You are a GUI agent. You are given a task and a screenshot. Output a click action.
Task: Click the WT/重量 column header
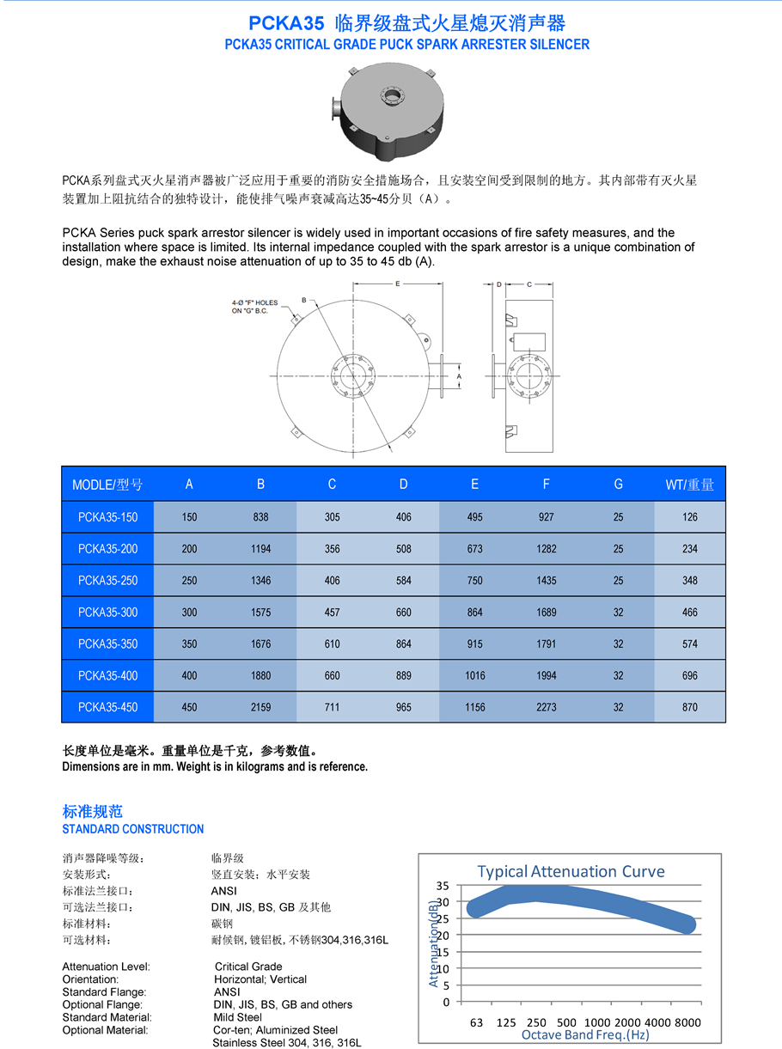point(689,485)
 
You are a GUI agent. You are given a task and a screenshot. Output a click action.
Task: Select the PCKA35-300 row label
point(107,613)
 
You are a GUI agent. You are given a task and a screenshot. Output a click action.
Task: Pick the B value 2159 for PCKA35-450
point(260,708)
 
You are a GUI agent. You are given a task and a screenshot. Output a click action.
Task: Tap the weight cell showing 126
point(689,517)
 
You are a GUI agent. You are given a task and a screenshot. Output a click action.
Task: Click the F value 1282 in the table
point(546,549)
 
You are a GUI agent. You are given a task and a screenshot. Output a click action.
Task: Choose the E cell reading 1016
point(474,676)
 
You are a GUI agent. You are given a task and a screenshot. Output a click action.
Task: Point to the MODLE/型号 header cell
point(107,485)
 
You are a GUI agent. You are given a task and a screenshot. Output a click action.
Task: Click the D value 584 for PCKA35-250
point(403,581)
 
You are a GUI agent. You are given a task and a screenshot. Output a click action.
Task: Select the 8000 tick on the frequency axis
point(688,1022)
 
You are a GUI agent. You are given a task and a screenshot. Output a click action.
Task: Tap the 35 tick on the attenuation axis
point(443,885)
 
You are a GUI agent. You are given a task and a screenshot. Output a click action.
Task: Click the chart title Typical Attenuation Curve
point(571,871)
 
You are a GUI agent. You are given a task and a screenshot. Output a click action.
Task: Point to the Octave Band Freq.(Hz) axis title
point(584,1035)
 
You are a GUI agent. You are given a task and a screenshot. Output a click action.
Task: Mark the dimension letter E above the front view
point(397,283)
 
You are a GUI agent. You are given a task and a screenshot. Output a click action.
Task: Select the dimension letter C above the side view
point(528,283)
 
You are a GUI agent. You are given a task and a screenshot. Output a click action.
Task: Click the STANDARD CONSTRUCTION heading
point(133,829)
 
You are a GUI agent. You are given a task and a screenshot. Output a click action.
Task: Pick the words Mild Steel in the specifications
point(237,1017)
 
